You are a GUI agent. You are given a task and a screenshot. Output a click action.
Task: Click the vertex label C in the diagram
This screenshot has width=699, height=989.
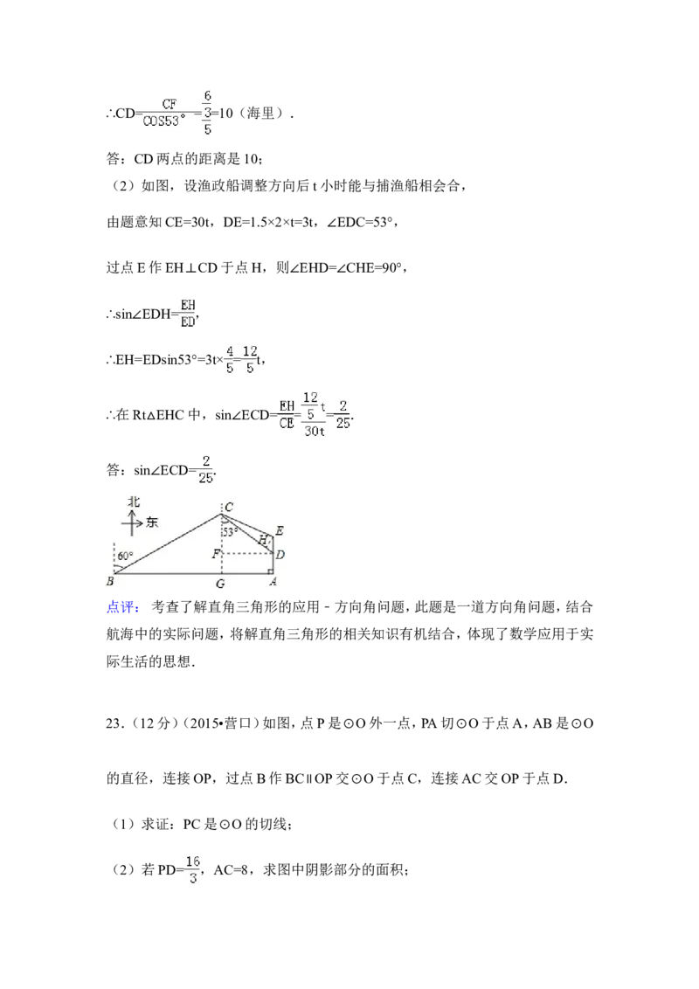click(229, 508)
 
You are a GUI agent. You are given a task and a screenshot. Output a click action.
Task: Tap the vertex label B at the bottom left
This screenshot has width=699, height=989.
click(110, 582)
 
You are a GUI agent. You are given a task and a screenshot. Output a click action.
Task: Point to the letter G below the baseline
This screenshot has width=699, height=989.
click(220, 584)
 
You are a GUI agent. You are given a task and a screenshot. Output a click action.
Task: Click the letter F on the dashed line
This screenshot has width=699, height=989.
click(215, 555)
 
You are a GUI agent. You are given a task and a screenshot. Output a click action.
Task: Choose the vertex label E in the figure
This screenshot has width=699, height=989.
click(279, 530)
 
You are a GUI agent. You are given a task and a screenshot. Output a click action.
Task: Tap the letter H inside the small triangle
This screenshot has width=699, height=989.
click(262, 540)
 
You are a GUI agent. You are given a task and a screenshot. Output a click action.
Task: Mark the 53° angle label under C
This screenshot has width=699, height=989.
click(230, 531)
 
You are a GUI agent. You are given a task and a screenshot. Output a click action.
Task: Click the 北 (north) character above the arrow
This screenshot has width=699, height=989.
click(134, 501)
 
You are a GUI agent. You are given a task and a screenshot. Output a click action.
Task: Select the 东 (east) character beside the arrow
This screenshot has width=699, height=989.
click(152, 522)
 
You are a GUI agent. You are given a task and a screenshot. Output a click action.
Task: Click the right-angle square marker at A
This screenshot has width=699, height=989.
click(271, 571)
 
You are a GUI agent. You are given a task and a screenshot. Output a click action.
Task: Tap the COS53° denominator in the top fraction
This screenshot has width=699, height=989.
click(164, 121)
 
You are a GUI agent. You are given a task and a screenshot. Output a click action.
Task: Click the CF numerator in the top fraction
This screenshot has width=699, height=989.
click(169, 104)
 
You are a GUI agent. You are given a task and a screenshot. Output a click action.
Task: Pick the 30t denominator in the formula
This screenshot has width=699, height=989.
click(315, 430)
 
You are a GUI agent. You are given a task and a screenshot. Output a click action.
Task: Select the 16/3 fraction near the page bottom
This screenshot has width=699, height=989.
click(192, 870)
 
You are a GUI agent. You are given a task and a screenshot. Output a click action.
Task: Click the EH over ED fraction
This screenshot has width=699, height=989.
click(186, 313)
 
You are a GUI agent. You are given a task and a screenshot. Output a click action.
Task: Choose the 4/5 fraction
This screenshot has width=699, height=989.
click(229, 360)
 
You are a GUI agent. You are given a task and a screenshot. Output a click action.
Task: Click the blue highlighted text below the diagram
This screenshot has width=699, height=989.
click(122, 607)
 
